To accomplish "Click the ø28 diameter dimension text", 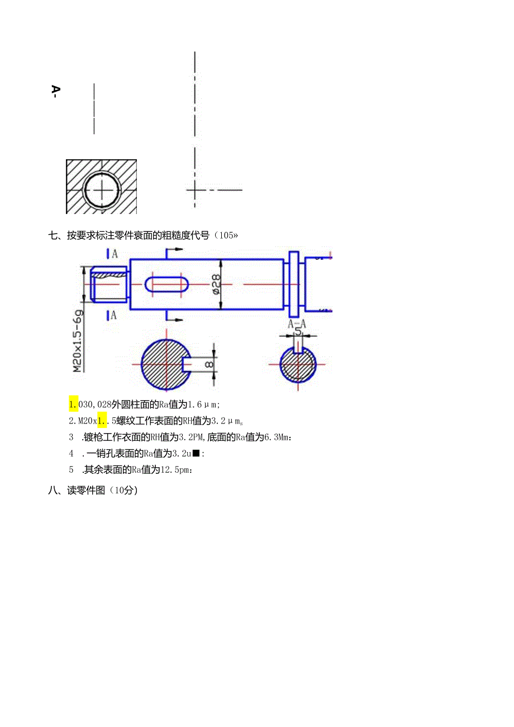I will click(216, 283).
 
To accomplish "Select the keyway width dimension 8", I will click(209, 364).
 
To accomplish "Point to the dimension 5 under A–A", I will click(298, 331).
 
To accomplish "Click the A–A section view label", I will click(297, 324).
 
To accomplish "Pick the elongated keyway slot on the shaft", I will click(166, 284).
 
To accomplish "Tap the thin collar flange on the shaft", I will click(294, 283).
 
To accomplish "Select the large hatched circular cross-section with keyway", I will click(165, 364).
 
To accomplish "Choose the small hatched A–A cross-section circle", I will click(298, 364).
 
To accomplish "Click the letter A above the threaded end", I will click(114, 254).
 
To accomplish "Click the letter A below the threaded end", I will click(114, 315).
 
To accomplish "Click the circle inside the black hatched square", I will click(102, 189).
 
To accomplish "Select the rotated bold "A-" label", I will click(55, 92).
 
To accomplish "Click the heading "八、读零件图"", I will click(93, 491).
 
